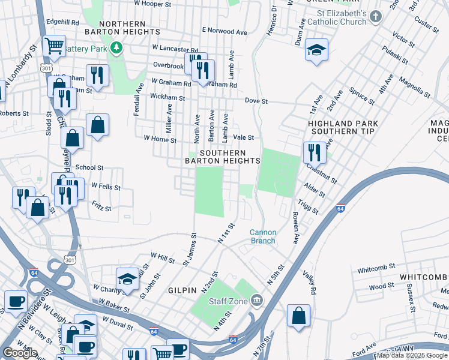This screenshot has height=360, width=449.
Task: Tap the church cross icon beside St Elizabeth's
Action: click(x=376, y=16)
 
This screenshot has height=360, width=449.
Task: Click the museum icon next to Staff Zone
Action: click(x=256, y=299)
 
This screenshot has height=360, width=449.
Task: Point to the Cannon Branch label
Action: click(x=263, y=236)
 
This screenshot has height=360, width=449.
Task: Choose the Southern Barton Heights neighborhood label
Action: click(x=222, y=157)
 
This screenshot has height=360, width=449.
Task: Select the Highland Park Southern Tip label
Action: click(x=341, y=127)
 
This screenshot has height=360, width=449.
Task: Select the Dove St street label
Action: click(x=256, y=101)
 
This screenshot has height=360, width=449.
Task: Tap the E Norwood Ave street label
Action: click(x=224, y=31)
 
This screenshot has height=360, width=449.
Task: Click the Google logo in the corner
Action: click(x=20, y=353)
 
